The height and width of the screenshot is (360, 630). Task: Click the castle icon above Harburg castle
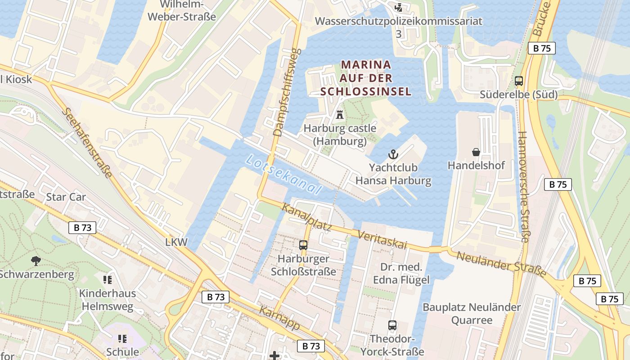(x=340, y=114)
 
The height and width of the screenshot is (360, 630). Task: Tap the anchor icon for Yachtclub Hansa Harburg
(x=393, y=154)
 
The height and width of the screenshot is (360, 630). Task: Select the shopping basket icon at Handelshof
(x=476, y=152)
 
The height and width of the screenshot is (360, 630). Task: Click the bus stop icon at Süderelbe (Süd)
(x=519, y=81)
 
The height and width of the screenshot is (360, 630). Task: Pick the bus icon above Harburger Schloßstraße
(x=303, y=245)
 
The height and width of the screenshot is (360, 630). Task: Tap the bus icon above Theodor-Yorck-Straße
(x=392, y=325)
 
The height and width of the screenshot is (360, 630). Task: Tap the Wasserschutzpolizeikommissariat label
(x=398, y=21)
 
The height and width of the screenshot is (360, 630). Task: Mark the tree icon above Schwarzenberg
(x=36, y=260)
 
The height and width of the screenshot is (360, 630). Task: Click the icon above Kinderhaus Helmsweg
(x=107, y=280)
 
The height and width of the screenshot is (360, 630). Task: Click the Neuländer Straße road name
(x=501, y=264)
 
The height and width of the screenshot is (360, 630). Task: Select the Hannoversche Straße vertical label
(x=523, y=187)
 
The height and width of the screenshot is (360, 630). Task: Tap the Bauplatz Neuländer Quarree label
(x=472, y=314)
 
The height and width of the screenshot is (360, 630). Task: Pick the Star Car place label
(x=66, y=197)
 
